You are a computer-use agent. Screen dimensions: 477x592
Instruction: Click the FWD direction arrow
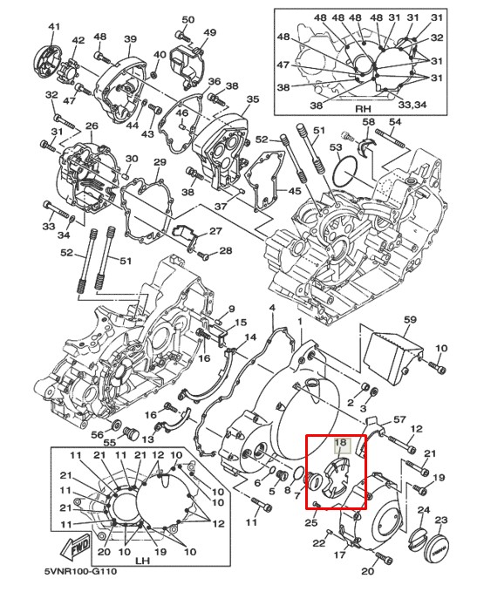click(77, 547)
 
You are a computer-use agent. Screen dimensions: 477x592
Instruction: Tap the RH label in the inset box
click(363, 109)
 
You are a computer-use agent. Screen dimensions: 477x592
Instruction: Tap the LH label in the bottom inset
click(142, 561)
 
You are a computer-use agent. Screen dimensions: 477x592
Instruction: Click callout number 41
click(54, 27)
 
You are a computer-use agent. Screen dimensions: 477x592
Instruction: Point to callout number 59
click(410, 320)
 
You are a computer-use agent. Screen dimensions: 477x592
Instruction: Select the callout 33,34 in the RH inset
click(412, 104)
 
